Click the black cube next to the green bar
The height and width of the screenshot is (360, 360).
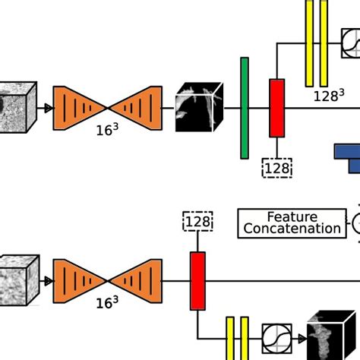pos(199,107)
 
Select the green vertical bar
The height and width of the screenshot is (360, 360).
pos(245,108)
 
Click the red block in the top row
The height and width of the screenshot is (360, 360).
pos(277,108)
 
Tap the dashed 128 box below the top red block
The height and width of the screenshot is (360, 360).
pos(277,168)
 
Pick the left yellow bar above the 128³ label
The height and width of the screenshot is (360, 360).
pos(309,43)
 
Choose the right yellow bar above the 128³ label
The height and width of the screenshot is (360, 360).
pos(324,43)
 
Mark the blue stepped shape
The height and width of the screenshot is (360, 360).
pos(349,155)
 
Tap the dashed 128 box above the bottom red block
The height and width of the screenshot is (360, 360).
pos(197,222)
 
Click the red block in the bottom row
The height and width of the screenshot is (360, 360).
pos(197,281)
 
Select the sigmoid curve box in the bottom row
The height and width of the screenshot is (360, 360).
pos(276,336)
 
